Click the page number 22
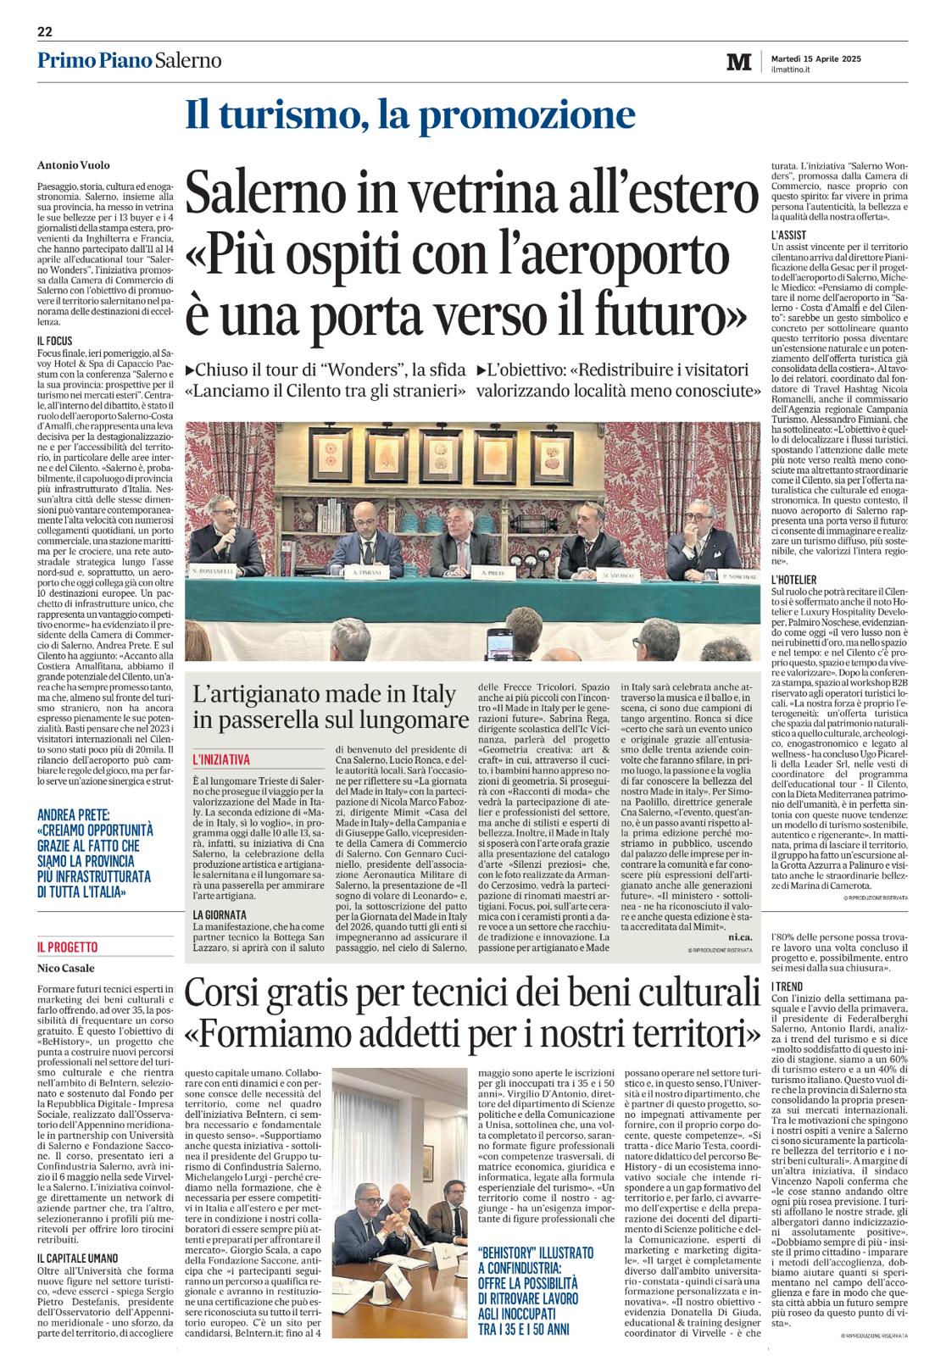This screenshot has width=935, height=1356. click(x=45, y=32)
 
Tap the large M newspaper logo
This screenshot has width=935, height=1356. click(x=739, y=62)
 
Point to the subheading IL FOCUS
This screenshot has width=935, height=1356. click(x=56, y=342)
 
